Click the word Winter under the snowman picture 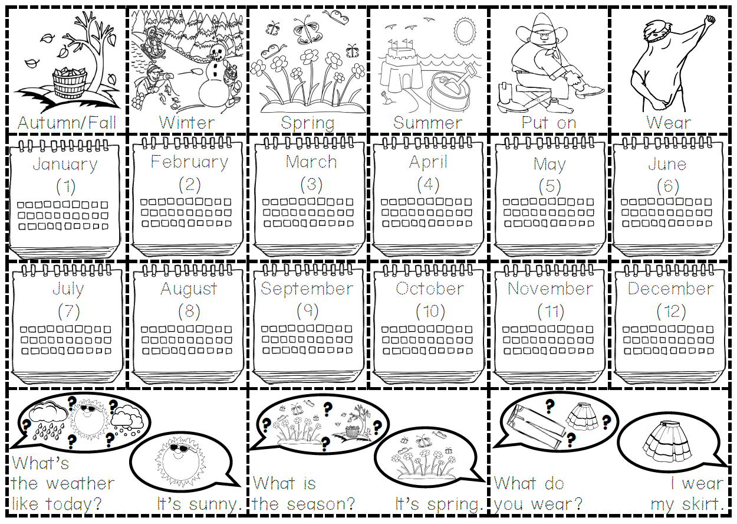[186, 123]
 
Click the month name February [189, 163]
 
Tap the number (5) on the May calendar [550, 186]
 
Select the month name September [307, 289]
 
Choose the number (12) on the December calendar [671, 311]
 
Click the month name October [430, 289]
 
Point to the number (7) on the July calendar [68, 311]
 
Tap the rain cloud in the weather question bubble [48, 422]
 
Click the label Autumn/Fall [67, 123]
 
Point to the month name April [428, 163]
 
